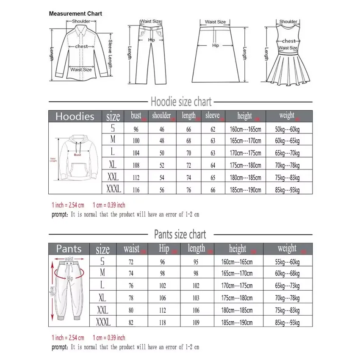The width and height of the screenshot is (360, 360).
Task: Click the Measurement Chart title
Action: coord(75,14)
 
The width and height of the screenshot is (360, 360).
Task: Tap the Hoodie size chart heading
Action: coord(181,102)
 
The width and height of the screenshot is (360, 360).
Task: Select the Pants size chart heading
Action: coord(180,234)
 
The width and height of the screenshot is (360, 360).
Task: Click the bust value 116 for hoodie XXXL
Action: coord(136,190)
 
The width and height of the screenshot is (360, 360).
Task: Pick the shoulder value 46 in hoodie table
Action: coord(162,129)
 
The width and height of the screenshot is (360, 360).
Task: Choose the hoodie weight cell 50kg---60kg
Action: coord(287,129)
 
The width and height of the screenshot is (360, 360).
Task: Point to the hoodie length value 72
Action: coord(188,166)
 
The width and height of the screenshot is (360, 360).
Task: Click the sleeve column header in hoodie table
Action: coord(213,116)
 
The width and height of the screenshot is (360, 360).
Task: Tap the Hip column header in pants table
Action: coord(164,249)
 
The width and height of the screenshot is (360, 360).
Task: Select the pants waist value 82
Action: coord(131,323)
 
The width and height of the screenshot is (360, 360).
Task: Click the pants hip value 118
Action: coord(163,323)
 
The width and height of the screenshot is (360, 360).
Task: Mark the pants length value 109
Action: coord(196,323)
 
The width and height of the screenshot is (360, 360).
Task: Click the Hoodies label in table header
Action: coord(75,116)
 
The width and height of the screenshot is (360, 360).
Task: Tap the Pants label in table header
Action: coord(69,249)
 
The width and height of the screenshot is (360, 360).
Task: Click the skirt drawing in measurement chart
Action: coord(216,53)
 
